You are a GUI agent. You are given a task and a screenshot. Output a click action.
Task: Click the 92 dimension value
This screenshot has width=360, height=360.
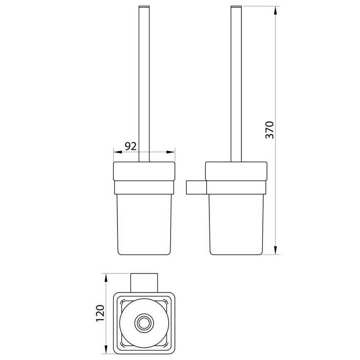(x=130, y=146)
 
